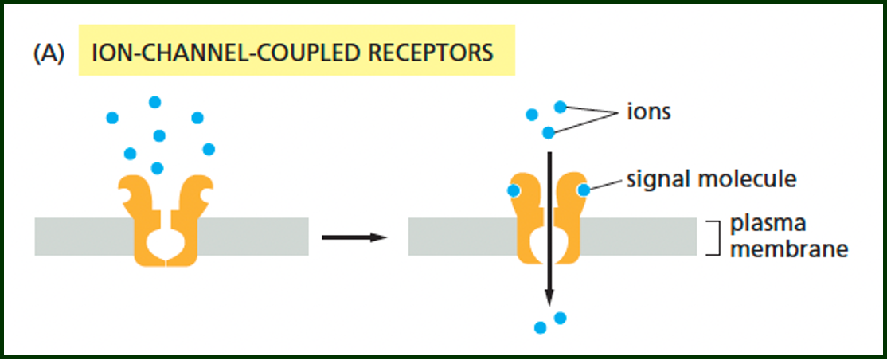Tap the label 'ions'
[x=647, y=112]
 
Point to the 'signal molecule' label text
[x=711, y=179]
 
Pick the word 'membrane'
[x=788, y=249]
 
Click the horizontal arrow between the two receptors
[x=354, y=237]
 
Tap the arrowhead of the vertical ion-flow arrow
[x=549, y=297]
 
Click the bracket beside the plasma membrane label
[x=715, y=237]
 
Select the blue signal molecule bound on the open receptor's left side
[x=514, y=190]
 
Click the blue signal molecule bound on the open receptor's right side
[x=584, y=190]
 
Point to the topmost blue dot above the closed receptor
[x=154, y=102]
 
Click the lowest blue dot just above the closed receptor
[x=157, y=167]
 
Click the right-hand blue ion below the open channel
[x=560, y=318]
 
